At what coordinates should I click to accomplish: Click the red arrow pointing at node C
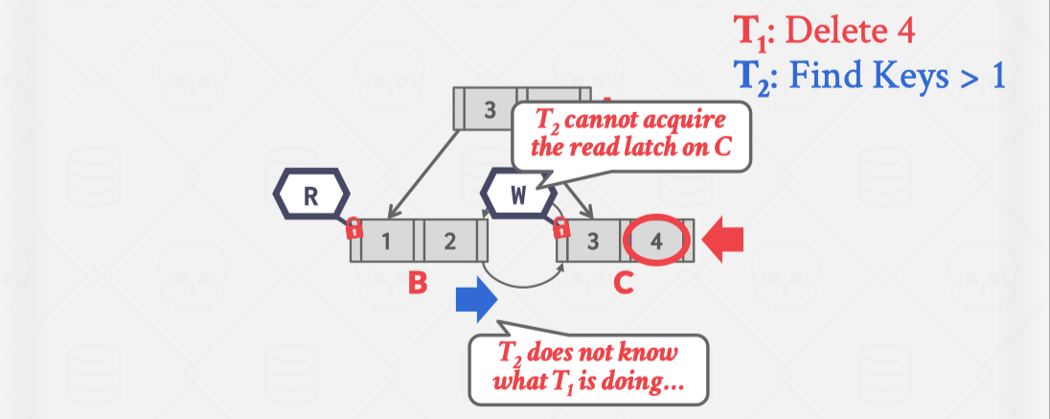pos(723,240)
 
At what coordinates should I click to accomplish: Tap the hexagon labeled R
pos(310,196)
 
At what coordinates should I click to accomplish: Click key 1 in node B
pos(386,241)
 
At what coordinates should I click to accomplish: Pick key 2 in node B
pos(450,241)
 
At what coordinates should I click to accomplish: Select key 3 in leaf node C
pos(593,241)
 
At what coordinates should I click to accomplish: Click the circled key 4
pos(657,241)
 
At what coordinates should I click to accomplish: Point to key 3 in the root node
pos(490,110)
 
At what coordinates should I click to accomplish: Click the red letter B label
pos(417,284)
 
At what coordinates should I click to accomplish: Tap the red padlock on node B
pos(354,228)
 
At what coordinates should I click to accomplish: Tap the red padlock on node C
pos(561,228)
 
